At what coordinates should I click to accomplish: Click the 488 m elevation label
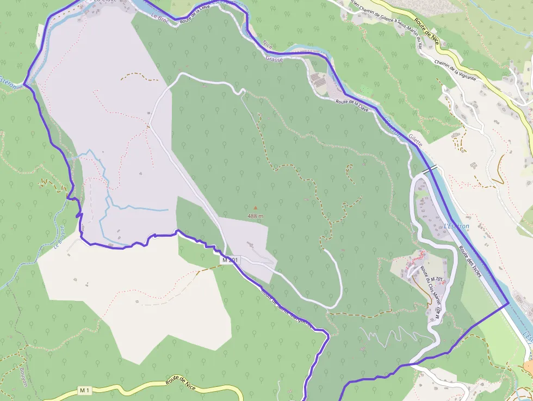tap(256, 216)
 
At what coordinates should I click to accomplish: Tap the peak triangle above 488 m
tap(255, 207)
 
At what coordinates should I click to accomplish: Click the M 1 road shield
tap(84, 390)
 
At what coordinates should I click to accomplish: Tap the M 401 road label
tap(438, 312)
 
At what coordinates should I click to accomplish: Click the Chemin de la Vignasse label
tap(455, 70)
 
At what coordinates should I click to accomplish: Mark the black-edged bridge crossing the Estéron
tap(429, 169)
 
